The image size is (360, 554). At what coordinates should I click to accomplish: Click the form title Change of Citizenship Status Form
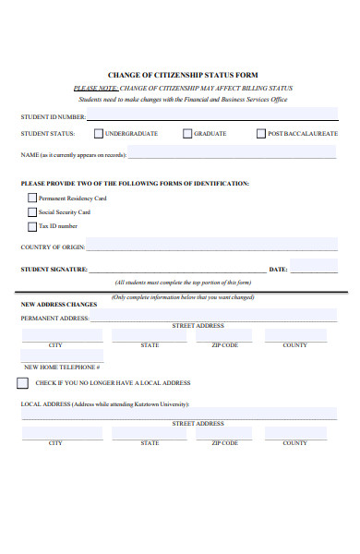click(x=183, y=75)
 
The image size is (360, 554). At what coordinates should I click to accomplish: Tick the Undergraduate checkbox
click(x=99, y=134)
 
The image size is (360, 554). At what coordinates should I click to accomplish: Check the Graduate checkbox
click(x=187, y=134)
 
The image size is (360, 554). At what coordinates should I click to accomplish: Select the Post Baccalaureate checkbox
click(x=261, y=134)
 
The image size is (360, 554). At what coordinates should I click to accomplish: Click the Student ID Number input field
click(x=212, y=116)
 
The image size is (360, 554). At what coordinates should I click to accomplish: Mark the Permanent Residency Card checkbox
click(x=32, y=198)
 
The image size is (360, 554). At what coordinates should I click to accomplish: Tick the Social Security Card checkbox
click(x=32, y=211)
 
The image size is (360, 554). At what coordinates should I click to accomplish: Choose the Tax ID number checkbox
click(x=32, y=225)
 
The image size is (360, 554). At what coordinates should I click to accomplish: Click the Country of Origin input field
click(x=212, y=247)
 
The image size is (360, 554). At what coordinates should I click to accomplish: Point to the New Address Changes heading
click(x=59, y=304)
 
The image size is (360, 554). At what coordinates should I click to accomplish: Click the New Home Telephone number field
click(x=62, y=356)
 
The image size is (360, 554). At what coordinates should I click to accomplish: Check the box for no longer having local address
click(x=22, y=382)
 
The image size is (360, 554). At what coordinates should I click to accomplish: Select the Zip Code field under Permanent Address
click(x=224, y=335)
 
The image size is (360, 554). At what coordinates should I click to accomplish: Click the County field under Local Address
click(x=294, y=433)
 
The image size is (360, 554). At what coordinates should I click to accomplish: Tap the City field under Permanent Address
click(x=55, y=335)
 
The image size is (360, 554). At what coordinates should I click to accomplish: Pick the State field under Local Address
click(x=150, y=433)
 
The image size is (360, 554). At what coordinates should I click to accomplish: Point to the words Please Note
click(x=95, y=88)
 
